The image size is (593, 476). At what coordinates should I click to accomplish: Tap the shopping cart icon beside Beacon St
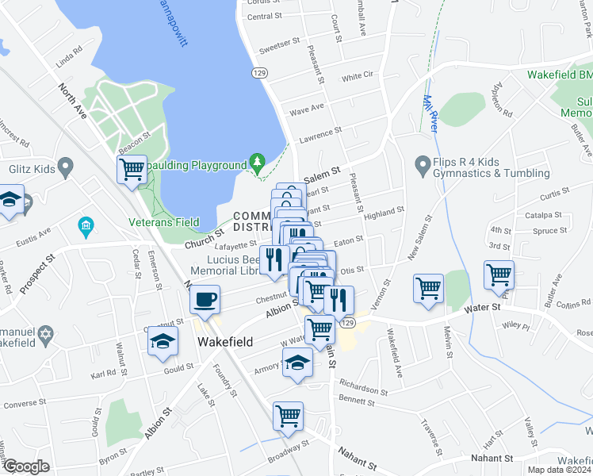132,169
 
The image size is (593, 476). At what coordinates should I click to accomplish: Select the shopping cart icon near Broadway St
288,416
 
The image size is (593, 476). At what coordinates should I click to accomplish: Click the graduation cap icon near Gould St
162,342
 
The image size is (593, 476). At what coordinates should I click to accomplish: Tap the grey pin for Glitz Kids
66,167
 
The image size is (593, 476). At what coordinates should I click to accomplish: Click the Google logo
26,466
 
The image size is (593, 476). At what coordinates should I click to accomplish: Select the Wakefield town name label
225,342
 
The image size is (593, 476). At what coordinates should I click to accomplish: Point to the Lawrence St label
319,135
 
